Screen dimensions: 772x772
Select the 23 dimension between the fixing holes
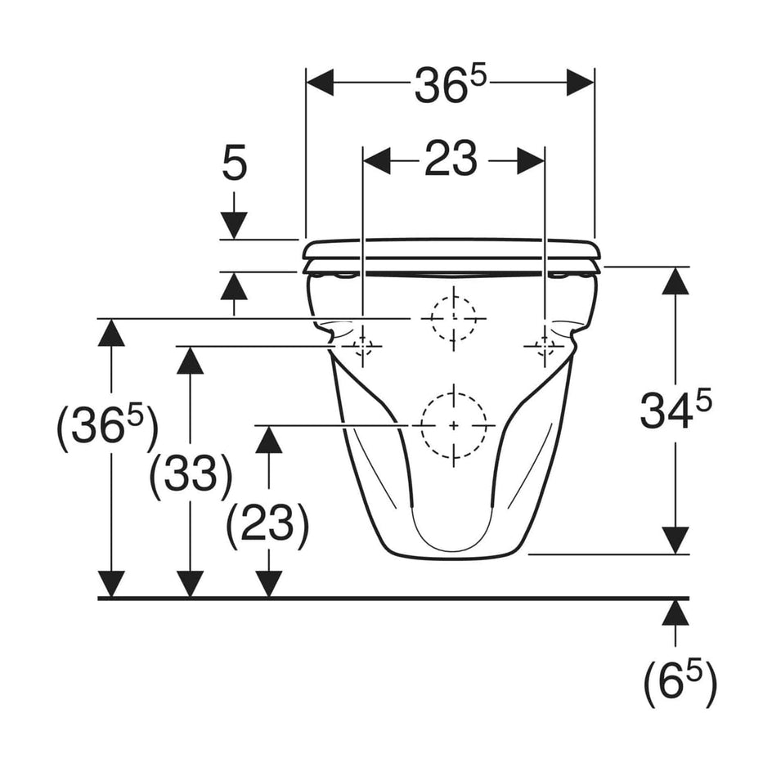[451, 159]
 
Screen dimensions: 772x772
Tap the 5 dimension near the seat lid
[234, 164]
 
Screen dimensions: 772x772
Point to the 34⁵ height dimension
[675, 410]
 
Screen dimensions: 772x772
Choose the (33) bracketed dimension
[191, 475]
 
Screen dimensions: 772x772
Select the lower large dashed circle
[453, 424]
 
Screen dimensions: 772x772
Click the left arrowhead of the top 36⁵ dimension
[321, 83]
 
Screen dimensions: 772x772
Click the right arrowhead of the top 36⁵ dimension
[580, 83]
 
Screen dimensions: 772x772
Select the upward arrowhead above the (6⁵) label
[675, 613]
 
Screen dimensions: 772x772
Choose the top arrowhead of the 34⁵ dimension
[675, 281]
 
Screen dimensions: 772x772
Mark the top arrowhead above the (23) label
[268, 440]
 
